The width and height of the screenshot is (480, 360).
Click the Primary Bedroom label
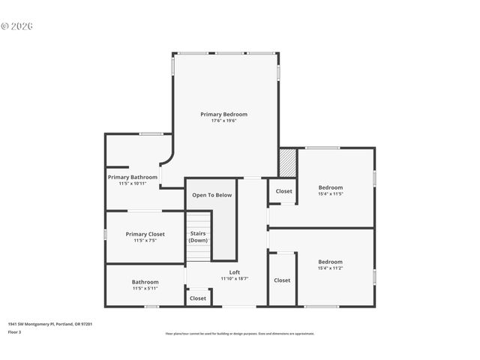[223, 114]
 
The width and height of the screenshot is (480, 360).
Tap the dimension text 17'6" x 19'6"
[223, 121]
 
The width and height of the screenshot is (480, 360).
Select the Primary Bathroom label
[132, 177]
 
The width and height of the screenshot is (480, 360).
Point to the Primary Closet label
[145, 234]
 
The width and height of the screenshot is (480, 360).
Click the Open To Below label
[211, 195]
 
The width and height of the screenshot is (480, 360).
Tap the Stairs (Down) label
[198, 236]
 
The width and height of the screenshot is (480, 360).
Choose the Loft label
[234, 271]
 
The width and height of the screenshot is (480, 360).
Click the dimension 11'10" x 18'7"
[234, 278]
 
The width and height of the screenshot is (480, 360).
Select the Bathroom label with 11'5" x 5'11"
[145, 282]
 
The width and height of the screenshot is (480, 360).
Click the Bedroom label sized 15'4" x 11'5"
[330, 187]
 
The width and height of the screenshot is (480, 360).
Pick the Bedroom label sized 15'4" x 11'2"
[330, 262]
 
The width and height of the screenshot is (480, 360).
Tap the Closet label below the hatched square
[283, 191]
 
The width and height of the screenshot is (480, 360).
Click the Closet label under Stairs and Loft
[198, 298]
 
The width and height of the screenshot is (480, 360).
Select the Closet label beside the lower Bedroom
[282, 280]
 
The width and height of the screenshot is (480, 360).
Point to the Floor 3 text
[14, 331]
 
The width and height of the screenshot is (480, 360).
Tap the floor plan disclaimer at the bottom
[239, 334]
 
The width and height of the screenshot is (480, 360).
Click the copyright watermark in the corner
[16, 26]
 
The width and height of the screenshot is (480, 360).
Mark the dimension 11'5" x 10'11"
[132, 184]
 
